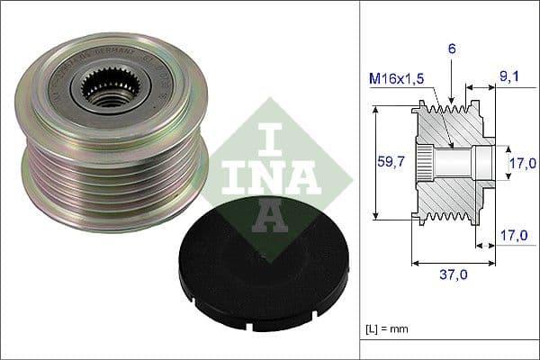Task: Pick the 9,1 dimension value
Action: coord(509,78)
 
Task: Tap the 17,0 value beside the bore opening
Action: coord(518,165)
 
